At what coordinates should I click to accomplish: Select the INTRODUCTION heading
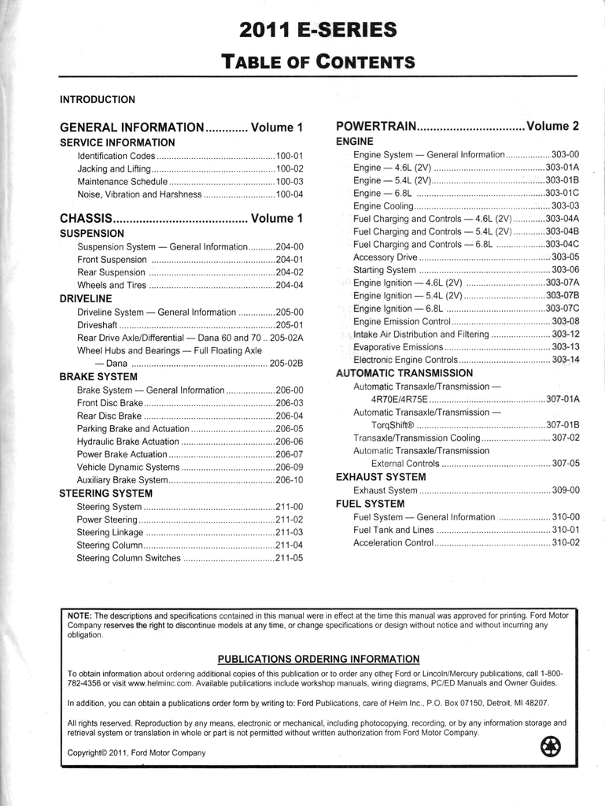point(98,100)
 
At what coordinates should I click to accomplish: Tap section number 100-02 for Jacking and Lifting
point(289,168)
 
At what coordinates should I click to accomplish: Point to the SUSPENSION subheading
point(92,234)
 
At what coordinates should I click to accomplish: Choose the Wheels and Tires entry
point(112,285)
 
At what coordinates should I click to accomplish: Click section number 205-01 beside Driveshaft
point(289,324)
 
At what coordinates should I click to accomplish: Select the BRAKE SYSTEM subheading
point(98,377)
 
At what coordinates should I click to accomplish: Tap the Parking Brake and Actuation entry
point(133,429)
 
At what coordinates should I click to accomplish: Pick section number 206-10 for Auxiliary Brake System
point(289,480)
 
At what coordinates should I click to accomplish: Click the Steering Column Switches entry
point(128,558)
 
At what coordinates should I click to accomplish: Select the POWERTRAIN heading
point(374,127)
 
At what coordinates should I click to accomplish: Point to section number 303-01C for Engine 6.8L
point(562,193)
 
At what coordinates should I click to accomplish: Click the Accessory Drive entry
point(386,257)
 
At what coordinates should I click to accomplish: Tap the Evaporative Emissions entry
point(398,347)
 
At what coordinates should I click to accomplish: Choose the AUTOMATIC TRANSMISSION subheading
point(404,373)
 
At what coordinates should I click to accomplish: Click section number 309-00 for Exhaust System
point(565,490)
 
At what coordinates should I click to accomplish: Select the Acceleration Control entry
point(393,542)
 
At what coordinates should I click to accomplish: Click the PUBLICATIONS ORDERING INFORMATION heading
point(318,659)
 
